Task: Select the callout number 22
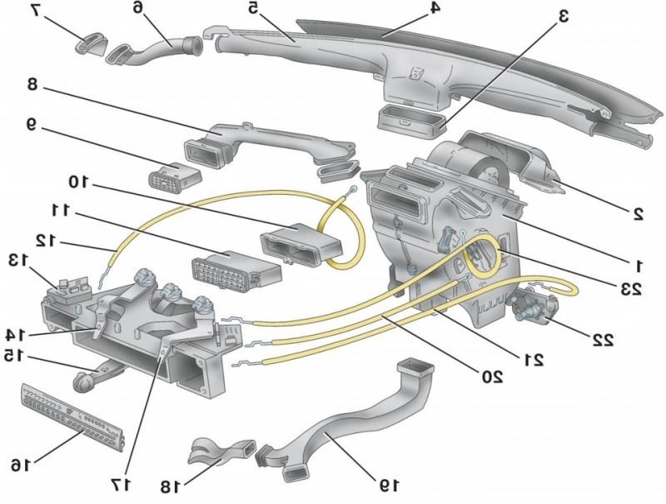click(x=602, y=339)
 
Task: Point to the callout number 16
click(x=25, y=464)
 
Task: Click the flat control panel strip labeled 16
click(x=72, y=412)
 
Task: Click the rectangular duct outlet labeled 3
click(x=409, y=118)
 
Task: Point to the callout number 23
click(x=630, y=289)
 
